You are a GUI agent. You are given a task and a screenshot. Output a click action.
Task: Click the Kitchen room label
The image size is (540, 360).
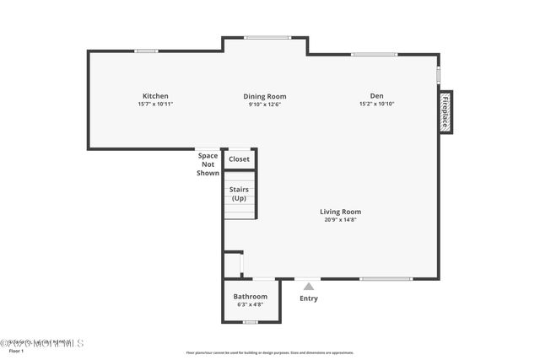pos(155,96)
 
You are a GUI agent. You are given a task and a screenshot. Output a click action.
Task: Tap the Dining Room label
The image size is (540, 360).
pos(265,96)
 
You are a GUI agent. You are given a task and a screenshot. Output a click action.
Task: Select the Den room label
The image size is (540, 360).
pos(376,96)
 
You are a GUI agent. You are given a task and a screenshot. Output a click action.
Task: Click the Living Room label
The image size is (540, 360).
pos(340,212)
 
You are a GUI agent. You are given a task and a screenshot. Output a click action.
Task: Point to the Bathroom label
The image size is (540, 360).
pos(251,297)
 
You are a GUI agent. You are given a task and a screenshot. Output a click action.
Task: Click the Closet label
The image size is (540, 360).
pos(240,159)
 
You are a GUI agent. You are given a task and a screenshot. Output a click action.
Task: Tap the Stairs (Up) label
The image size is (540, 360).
pos(240,194)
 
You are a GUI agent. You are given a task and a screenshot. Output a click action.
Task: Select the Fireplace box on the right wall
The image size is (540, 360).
pos(445,112)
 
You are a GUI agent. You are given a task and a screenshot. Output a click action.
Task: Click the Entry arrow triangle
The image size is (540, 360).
pos(309,287)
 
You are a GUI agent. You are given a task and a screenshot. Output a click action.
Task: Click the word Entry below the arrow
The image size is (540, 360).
pos(309,298)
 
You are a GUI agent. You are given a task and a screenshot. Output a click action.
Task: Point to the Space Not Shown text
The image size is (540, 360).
pos(208,164)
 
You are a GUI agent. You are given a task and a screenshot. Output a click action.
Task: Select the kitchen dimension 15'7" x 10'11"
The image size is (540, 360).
pos(155,105)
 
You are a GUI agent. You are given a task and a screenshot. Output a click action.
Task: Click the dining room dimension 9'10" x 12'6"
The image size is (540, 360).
pos(265,105)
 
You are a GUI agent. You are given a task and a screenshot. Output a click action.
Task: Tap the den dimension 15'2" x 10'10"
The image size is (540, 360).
pos(376,105)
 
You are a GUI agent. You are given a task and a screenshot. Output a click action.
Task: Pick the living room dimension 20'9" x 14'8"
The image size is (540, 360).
pos(340,220)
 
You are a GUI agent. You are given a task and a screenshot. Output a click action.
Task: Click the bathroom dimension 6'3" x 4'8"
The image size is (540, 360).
pos(251,305)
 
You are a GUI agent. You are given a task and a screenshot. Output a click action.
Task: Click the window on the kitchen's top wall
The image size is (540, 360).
pos(147,51)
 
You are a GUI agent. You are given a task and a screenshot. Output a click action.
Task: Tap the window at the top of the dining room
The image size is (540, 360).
pos(267,37)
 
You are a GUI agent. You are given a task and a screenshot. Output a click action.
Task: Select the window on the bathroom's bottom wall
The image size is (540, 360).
pos(251,322)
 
